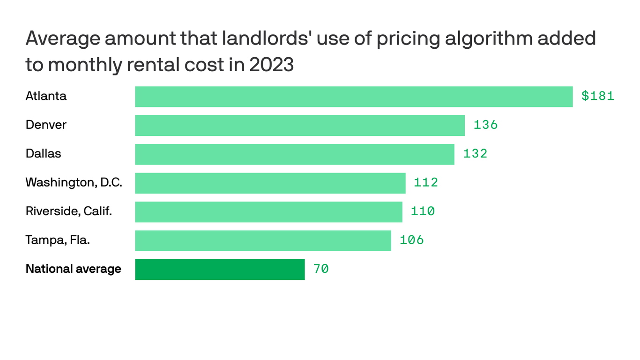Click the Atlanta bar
(x=354, y=97)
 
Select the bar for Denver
(x=300, y=126)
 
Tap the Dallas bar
(x=295, y=154)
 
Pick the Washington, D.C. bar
(x=270, y=183)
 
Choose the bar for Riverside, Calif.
(x=268, y=212)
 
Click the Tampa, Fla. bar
(x=263, y=240)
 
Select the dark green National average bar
(x=220, y=270)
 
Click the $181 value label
(x=597, y=96)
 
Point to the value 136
(x=485, y=125)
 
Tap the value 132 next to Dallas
(x=475, y=154)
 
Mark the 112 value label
(x=425, y=183)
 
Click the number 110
(x=423, y=211)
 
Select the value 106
(x=411, y=240)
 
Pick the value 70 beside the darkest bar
(x=321, y=269)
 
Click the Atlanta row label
(x=46, y=96)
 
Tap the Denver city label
(x=46, y=125)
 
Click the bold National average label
(x=73, y=269)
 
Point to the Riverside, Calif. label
(x=68, y=211)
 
